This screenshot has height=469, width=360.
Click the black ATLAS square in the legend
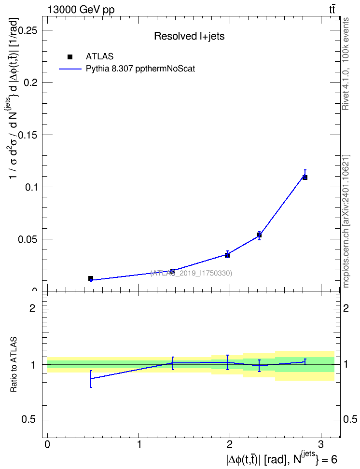[x=70, y=57]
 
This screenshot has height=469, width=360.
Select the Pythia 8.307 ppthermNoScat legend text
[x=140, y=69]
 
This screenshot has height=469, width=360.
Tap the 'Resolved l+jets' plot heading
[x=189, y=36]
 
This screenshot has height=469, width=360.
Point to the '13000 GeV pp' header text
[x=81, y=10]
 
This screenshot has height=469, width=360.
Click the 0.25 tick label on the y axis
[x=30, y=30]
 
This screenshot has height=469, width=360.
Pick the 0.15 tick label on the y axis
[x=30, y=135]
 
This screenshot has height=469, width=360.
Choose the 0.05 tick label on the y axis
[x=30, y=240]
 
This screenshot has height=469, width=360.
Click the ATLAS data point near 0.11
[x=305, y=178]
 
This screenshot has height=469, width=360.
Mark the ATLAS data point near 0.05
[x=259, y=235]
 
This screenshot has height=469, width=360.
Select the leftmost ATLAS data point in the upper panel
[x=91, y=278]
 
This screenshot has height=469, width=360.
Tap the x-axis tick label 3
[x=321, y=444]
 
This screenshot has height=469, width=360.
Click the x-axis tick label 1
[x=139, y=444]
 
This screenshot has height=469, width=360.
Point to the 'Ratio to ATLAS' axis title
[x=14, y=365]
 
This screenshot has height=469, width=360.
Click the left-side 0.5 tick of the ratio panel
[x=29, y=419]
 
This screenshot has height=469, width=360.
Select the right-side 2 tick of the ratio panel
[x=346, y=308]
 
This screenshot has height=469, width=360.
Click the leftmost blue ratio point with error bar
[x=91, y=379]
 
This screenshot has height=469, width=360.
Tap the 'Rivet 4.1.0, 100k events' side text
[x=346, y=64]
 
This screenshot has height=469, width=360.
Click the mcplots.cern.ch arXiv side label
[x=346, y=221]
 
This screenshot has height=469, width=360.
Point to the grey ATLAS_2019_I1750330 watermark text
[x=191, y=273]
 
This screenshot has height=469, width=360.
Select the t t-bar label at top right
[x=332, y=10]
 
